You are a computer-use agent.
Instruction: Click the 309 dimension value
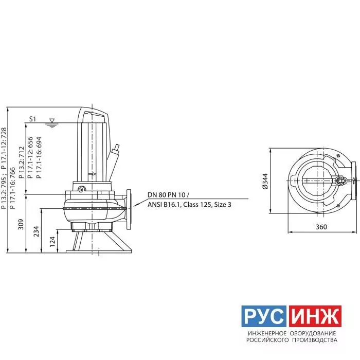pyautogui.click(x=21, y=224)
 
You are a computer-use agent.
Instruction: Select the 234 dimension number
pyautogui.click(x=37, y=231)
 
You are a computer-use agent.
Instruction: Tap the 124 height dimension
pyautogui.click(x=52, y=242)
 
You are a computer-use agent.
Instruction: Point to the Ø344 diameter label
pyautogui.click(x=265, y=181)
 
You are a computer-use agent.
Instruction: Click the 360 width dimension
pyautogui.click(x=321, y=227)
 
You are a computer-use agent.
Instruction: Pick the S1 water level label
pyautogui.click(x=32, y=119)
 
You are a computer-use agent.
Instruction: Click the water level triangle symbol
pyautogui.click(x=52, y=120)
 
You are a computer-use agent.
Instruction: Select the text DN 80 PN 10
pyautogui.click(x=166, y=195)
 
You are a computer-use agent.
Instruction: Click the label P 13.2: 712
pyautogui.click(x=22, y=163)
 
